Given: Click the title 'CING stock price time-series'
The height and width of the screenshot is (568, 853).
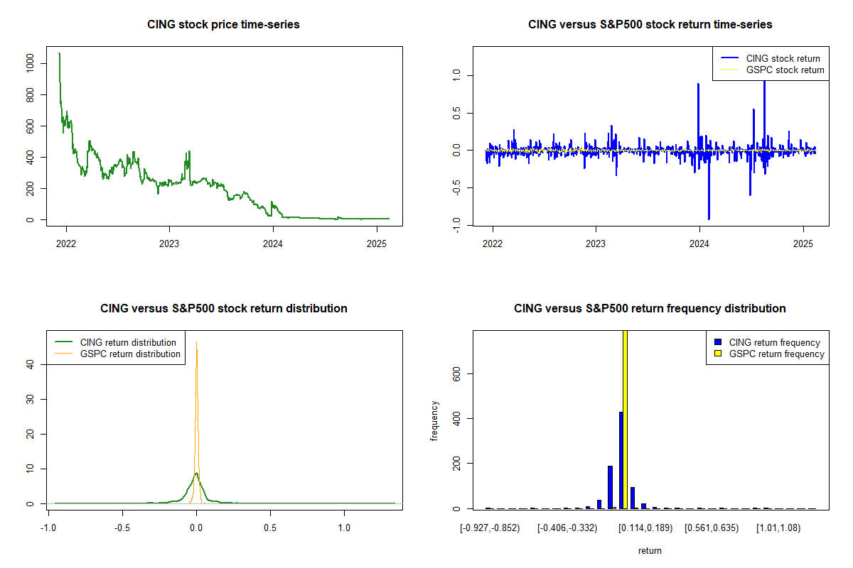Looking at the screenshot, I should point(223,25).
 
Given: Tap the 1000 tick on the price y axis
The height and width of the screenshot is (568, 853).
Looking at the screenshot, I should point(31,63).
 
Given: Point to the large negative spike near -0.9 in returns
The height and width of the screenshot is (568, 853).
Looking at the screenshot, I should point(709,217).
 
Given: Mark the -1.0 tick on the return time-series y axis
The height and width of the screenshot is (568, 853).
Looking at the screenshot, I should point(457,225).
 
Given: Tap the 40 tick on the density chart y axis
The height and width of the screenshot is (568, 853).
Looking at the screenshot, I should point(31,364).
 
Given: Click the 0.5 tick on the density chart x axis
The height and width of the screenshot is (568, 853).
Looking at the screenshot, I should point(270,528).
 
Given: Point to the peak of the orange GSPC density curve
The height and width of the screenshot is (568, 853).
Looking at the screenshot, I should point(197,343).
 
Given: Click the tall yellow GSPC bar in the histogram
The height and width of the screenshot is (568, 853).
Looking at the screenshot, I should point(625,419).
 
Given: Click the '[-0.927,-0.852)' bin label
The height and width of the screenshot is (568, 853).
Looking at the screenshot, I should point(490,528).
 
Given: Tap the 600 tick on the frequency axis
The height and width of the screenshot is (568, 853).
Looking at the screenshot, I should point(457,373).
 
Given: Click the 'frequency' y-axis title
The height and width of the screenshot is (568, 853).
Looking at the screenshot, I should point(434,420).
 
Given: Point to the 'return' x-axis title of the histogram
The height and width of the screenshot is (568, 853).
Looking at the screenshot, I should point(650,550).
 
